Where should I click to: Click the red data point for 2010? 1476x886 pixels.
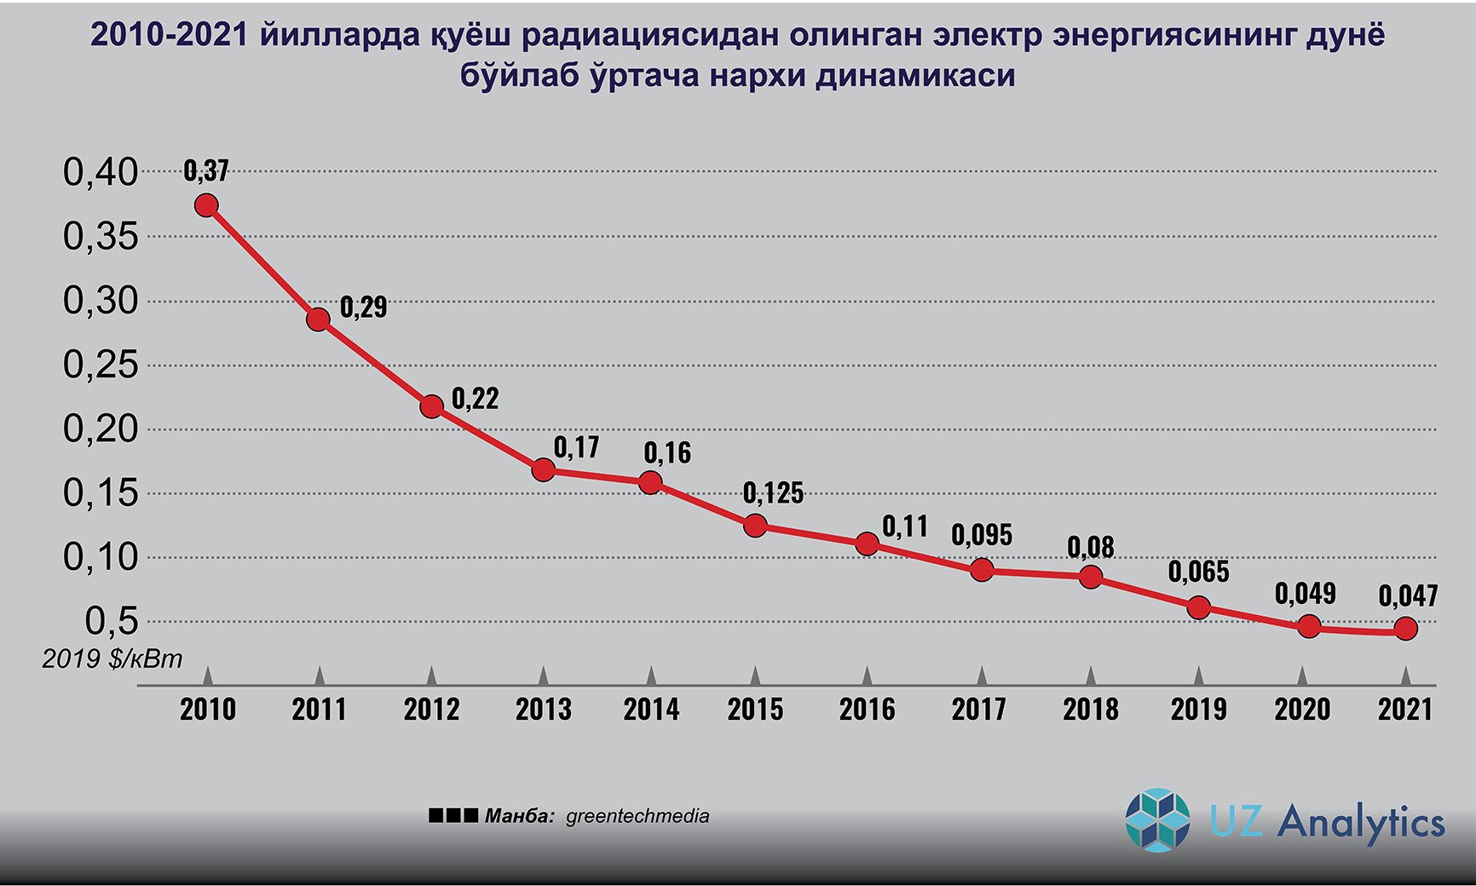pyautogui.click(x=206, y=205)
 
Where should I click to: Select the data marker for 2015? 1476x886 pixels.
pyautogui.click(x=755, y=526)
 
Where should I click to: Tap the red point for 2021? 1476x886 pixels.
pyautogui.click(x=1405, y=630)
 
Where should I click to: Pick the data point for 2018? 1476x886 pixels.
pyautogui.click(x=1090, y=578)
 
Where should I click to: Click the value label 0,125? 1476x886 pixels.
pyautogui.click(x=773, y=493)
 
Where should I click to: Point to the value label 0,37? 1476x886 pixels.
pyautogui.click(x=206, y=171)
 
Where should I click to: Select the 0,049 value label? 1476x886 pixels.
pyautogui.click(x=1305, y=594)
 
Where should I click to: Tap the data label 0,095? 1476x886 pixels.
pyautogui.click(x=982, y=536)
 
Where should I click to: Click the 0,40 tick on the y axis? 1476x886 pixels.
pyautogui.click(x=101, y=172)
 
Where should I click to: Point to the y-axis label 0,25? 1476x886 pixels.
pyautogui.click(x=101, y=365)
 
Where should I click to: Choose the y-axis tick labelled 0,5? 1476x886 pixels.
pyautogui.click(x=112, y=622)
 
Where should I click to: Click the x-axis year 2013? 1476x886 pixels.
pyautogui.click(x=544, y=710)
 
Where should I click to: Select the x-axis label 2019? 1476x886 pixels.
pyautogui.click(x=1198, y=710)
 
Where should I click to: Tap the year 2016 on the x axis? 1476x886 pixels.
pyautogui.click(x=867, y=710)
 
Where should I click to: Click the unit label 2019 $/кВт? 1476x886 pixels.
pyautogui.click(x=112, y=659)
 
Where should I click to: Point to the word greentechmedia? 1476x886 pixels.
pyautogui.click(x=637, y=816)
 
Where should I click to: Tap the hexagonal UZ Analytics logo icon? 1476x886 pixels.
pyautogui.click(x=1157, y=820)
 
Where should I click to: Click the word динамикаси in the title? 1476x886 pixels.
pyautogui.click(x=915, y=76)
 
